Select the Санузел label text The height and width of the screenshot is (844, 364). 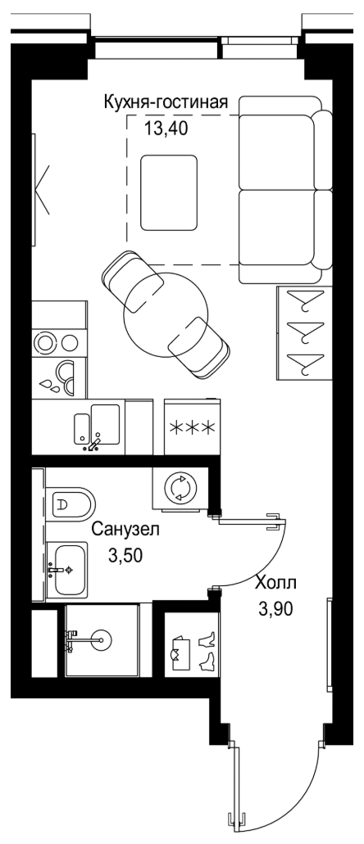[x=125, y=530]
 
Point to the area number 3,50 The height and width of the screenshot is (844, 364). [x=125, y=555]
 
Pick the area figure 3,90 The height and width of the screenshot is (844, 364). [x=276, y=609]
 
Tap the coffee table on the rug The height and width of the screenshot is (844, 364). [x=169, y=192]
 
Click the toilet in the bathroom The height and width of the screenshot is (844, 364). [x=71, y=504]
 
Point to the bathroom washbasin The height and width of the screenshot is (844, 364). [x=66, y=569]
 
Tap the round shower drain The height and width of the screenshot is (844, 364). [x=102, y=639]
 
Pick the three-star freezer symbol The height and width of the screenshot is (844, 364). [x=193, y=428]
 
